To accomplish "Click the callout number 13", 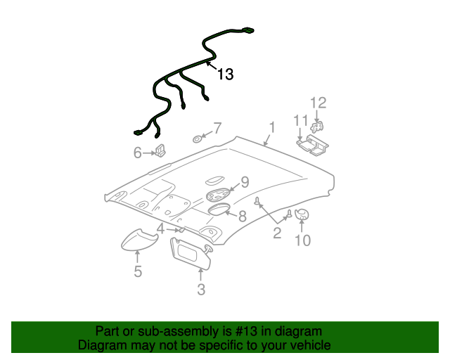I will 225,74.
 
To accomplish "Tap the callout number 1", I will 271,127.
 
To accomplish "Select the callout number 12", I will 319,103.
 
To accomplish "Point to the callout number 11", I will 301,120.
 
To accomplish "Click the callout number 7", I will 217,128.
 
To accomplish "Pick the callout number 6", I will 138,152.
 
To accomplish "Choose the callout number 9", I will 245,182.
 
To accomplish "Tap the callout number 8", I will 241,216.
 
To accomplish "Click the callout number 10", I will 302,241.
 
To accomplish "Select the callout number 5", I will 138,271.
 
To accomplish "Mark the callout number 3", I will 201,289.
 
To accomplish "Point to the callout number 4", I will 161,229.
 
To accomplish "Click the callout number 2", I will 277,233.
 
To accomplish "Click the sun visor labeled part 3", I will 192,254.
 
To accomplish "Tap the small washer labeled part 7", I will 198,138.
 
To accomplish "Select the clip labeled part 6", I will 161,150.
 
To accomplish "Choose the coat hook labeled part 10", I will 302,214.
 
